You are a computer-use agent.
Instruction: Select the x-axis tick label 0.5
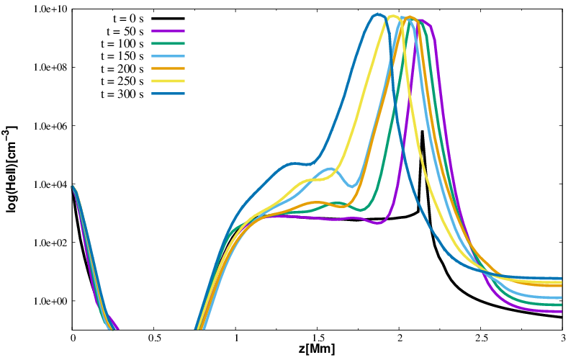click(x=154, y=338)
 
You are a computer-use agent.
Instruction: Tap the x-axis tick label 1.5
click(x=318, y=338)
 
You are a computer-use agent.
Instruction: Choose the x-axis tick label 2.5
click(x=480, y=338)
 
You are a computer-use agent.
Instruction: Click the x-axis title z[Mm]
click(x=318, y=350)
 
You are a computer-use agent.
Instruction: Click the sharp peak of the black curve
click(x=422, y=132)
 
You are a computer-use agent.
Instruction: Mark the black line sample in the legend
click(x=168, y=19)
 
